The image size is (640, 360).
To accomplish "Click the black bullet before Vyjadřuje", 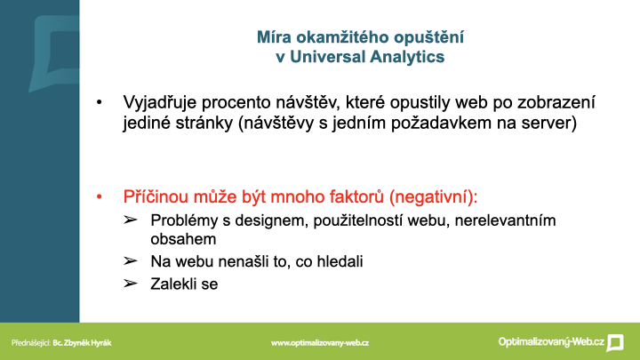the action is click(x=100, y=102).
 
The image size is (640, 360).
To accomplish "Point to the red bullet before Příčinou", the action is click(x=100, y=197).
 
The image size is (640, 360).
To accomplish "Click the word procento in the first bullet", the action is click(x=236, y=103).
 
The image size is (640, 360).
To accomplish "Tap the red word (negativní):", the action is click(x=433, y=197).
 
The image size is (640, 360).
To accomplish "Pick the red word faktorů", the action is click(x=356, y=197).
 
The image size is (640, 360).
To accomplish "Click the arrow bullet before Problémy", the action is click(x=130, y=220).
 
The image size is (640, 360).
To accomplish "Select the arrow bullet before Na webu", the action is click(x=130, y=260).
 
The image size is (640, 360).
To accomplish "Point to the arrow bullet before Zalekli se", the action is click(x=130, y=284).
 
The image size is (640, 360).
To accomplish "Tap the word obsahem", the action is click(x=183, y=239).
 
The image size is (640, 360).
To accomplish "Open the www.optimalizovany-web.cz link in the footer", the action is click(x=320, y=343).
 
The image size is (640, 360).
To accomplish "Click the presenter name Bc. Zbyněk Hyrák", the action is click(x=82, y=343).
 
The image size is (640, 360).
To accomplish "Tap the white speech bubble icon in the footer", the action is click(x=615, y=343).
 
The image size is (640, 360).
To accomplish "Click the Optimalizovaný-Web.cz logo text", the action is click(x=551, y=342).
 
